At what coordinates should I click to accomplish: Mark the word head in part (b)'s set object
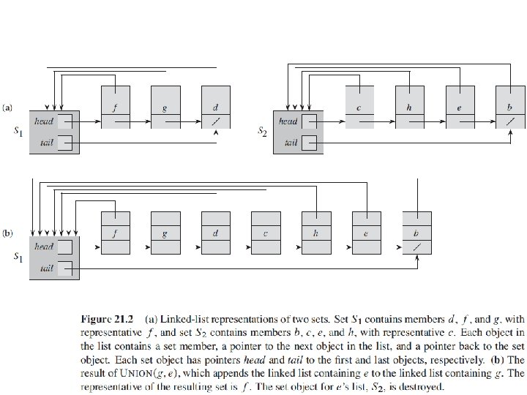(x=44, y=247)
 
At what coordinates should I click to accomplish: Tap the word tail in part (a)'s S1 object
(x=48, y=143)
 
